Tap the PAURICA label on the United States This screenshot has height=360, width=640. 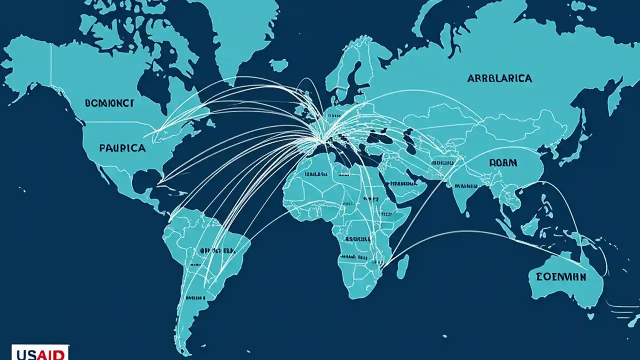[x=122, y=148]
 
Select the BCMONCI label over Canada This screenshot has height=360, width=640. [x=109, y=103]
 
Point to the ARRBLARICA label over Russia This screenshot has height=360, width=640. [x=499, y=78]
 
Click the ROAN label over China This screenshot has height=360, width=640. [x=503, y=163]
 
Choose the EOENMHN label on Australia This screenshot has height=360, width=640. [x=561, y=276]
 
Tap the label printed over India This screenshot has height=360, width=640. [x=466, y=185]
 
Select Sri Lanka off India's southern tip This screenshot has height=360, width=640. [x=478, y=216]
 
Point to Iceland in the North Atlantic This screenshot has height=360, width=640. [x=278, y=65]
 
